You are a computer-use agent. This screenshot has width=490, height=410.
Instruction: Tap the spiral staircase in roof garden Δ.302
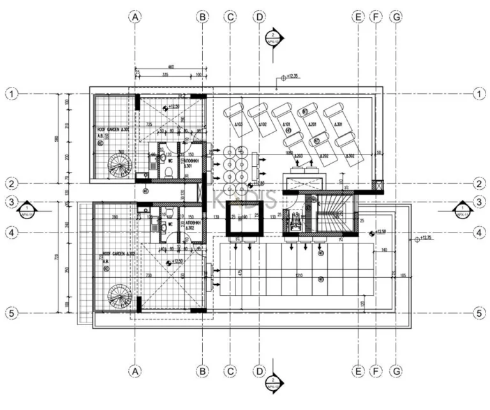point(119,296)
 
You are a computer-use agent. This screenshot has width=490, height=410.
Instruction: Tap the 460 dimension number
point(171,66)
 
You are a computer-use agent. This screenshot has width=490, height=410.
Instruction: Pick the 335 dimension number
point(165,74)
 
